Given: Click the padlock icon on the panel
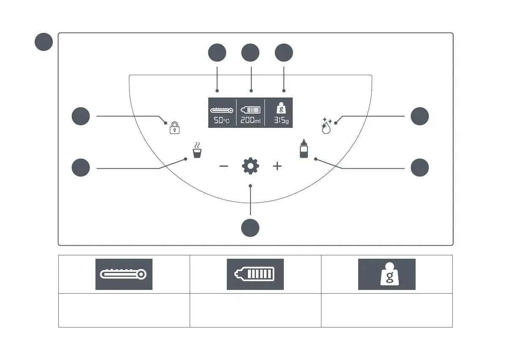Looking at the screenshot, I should pyautogui.click(x=174, y=127).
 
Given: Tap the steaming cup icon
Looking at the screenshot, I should pyautogui.click(x=196, y=151).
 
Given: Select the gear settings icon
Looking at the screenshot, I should pyautogui.click(x=250, y=166).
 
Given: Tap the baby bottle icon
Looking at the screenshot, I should pyautogui.click(x=304, y=149).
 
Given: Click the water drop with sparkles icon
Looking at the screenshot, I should pyautogui.click(x=326, y=125).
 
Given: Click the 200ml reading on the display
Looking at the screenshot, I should pyautogui.click(x=250, y=120).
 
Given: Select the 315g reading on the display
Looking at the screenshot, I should pyautogui.click(x=280, y=120).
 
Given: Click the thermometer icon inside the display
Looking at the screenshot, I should pyautogui.click(x=222, y=110).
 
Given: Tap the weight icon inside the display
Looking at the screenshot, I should pyautogui.click(x=280, y=108).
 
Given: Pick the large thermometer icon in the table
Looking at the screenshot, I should pyautogui.click(x=124, y=274).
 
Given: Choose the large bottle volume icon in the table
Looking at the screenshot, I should pyautogui.click(x=255, y=274).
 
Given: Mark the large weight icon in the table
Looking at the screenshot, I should pyautogui.click(x=387, y=274).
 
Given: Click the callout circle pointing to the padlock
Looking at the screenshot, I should pyautogui.click(x=81, y=116).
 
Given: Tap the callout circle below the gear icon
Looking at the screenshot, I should pyautogui.click(x=250, y=228).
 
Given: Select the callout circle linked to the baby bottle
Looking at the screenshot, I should pyautogui.click(x=420, y=168).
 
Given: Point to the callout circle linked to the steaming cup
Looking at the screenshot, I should pyautogui.click(x=81, y=168).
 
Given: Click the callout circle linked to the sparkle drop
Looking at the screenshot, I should pyautogui.click(x=420, y=116).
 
